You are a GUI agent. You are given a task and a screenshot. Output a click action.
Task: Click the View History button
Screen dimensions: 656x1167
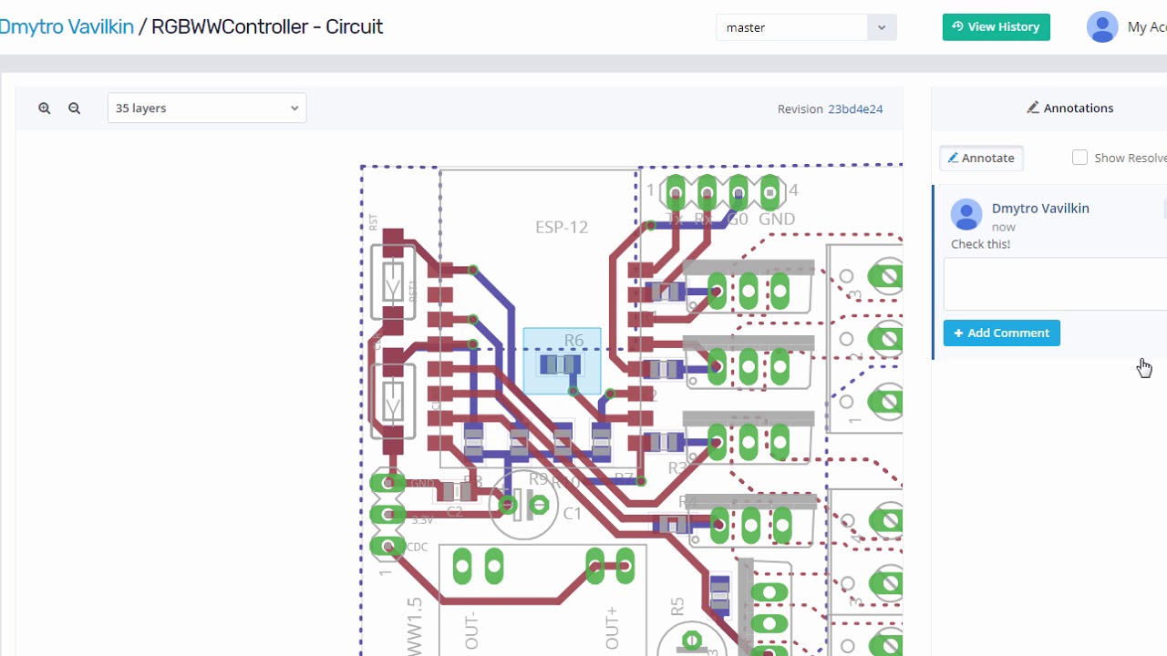click(996, 27)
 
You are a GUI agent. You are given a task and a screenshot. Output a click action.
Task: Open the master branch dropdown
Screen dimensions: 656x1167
click(806, 27)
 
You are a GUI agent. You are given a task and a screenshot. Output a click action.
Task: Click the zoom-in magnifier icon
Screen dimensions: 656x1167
click(44, 108)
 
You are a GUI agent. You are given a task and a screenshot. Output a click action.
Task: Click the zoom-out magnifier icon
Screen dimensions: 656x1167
click(75, 108)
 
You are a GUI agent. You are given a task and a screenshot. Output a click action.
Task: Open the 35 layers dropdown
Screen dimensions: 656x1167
click(207, 108)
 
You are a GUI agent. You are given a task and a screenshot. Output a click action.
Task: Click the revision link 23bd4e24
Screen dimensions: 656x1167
click(854, 109)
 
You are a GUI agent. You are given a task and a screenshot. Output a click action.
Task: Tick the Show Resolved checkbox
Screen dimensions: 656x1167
click(1079, 158)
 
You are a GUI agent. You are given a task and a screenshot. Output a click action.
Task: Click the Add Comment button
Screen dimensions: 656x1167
click(1001, 333)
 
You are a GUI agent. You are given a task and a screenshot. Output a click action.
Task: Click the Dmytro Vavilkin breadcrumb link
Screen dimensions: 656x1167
click(67, 26)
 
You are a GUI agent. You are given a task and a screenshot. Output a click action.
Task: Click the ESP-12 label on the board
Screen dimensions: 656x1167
click(562, 227)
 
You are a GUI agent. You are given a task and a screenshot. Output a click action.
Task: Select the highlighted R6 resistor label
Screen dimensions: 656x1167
click(573, 341)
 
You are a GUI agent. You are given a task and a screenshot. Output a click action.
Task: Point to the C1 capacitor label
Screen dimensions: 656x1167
click(572, 514)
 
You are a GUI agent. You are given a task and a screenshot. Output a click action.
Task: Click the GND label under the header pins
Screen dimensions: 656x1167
click(777, 219)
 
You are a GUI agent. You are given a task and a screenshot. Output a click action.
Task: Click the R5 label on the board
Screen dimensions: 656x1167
click(676, 608)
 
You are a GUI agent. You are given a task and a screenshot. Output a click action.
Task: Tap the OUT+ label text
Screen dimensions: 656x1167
click(612, 628)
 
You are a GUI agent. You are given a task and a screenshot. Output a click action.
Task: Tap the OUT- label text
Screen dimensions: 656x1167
click(471, 630)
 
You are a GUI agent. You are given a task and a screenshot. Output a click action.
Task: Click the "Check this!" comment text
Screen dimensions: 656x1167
click(980, 244)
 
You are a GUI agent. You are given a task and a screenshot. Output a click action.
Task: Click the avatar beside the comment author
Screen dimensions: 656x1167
click(966, 215)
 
